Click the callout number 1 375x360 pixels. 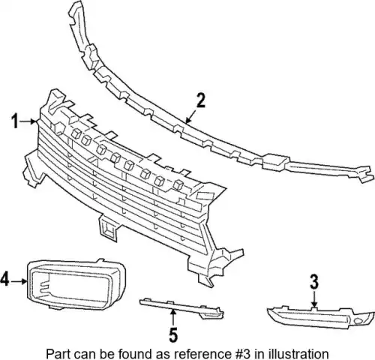tap(16, 121)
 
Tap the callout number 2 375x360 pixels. tap(200, 100)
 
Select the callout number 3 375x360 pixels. tap(314, 282)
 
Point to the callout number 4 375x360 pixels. tap(5, 279)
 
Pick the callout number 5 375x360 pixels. tap(173, 334)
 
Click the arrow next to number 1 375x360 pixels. tap(28, 121)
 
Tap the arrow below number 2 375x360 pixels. tap(192, 116)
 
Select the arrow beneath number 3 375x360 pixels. tap(314, 298)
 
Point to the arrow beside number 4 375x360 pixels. tap(19, 281)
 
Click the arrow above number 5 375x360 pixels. tap(173, 318)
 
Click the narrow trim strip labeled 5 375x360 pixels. tap(182, 307)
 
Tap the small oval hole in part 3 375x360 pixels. tap(359, 322)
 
